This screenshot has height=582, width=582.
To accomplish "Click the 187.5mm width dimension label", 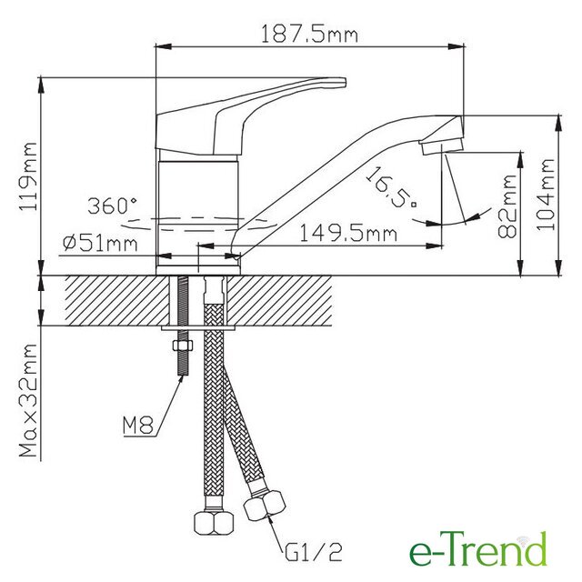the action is coord(310,35).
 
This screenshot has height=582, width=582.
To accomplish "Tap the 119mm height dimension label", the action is coord(28,176).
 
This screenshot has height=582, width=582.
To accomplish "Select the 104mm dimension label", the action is coord(546,195).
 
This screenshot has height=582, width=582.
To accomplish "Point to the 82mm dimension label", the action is coord(507,206).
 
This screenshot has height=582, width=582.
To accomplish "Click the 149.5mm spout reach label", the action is coord(348,234).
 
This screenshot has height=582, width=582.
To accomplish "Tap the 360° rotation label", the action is coord(112,206).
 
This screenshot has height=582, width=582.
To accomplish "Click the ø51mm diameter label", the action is coord(100,244).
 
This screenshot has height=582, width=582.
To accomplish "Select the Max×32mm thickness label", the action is coord(28,400).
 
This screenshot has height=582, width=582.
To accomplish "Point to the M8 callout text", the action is coord(138,426).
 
